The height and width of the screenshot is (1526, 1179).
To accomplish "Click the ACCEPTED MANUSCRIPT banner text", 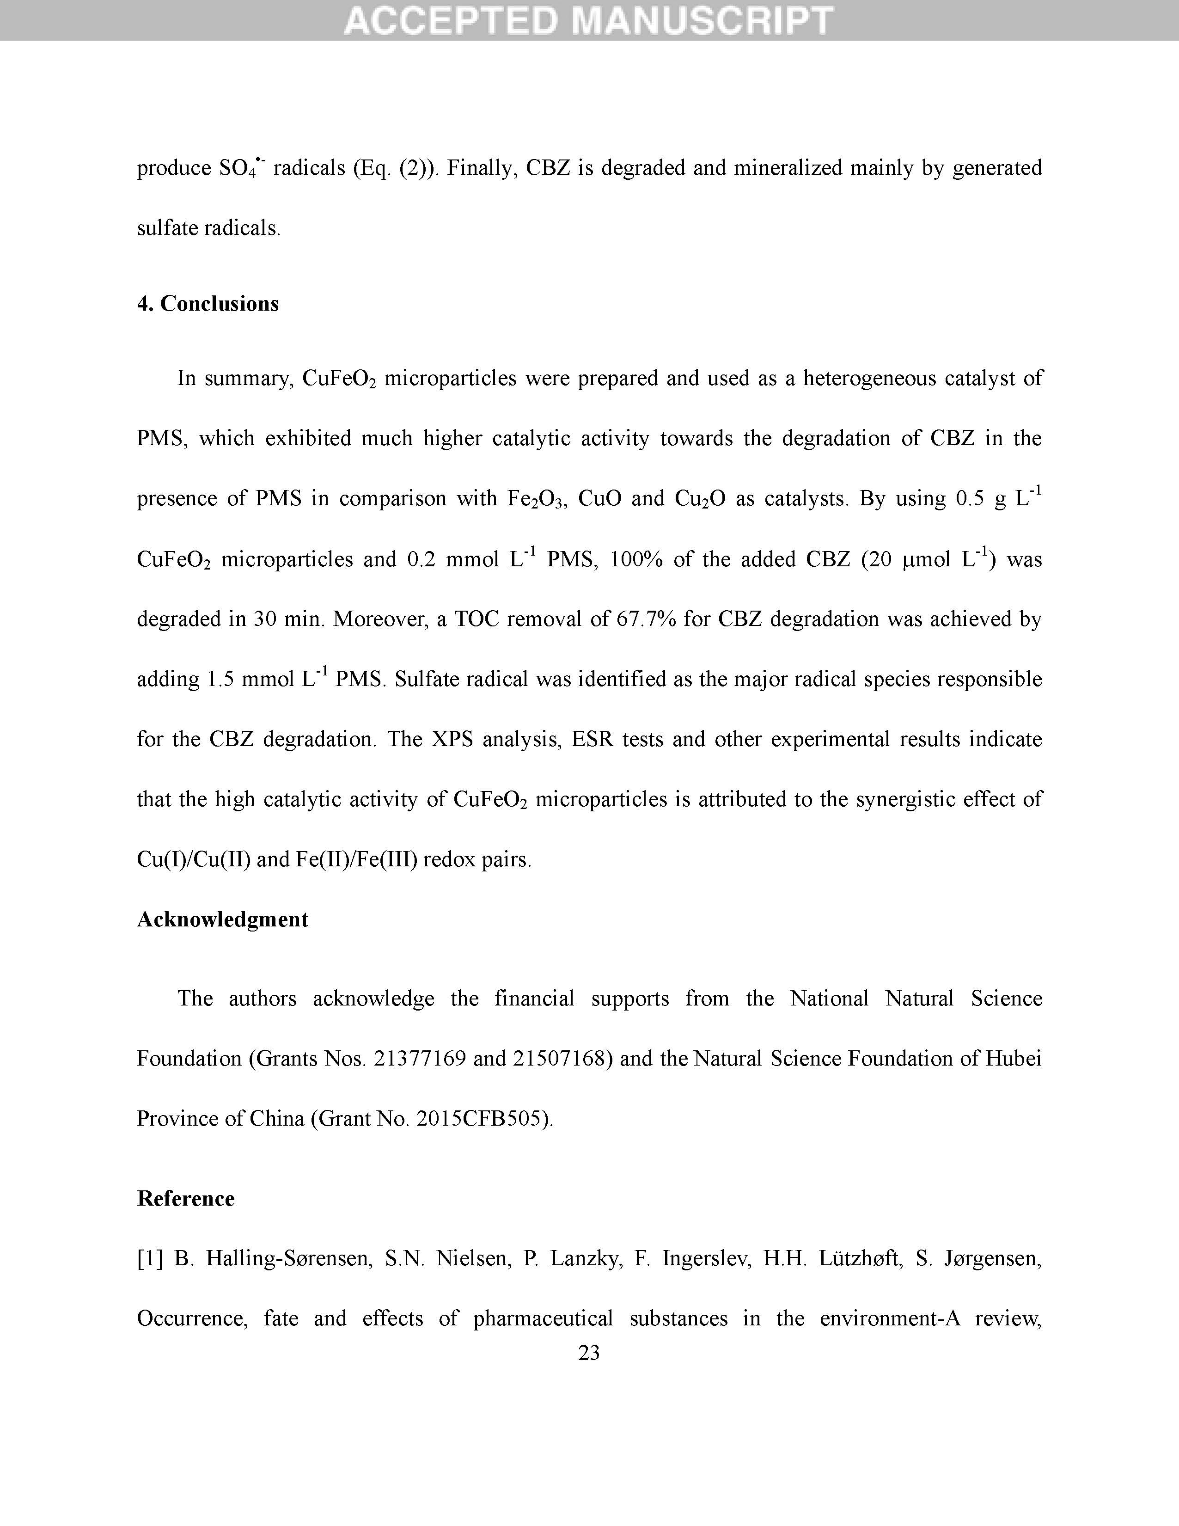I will [589, 20].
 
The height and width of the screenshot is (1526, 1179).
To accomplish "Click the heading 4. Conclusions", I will [208, 303].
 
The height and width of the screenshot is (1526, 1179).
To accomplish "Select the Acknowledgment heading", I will [222, 919].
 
